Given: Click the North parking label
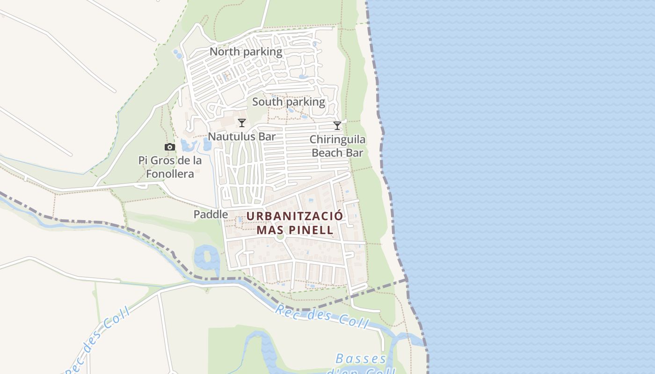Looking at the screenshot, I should point(246,52).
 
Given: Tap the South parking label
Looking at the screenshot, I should point(288,102).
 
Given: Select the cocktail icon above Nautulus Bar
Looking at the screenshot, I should point(241,123).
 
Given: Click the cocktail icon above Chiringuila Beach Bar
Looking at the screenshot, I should point(337,125).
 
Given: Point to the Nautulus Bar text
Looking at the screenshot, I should point(241,137).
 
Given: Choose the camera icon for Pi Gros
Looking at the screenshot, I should point(169,147).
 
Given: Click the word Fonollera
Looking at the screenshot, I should point(170,174).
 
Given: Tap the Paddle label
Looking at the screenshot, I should point(211,214).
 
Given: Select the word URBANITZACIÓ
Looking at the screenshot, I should point(294,216).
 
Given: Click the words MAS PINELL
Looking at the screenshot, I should point(295,230).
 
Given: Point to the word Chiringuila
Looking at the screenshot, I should point(337,139).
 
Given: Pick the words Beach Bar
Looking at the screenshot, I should point(337,152).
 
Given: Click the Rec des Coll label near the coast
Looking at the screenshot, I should point(322,316).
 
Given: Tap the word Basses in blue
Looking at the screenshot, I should point(361,359).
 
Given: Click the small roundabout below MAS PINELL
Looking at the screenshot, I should point(280,237).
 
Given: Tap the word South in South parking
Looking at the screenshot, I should point(267,102).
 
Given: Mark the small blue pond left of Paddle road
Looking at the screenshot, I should point(206,257).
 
